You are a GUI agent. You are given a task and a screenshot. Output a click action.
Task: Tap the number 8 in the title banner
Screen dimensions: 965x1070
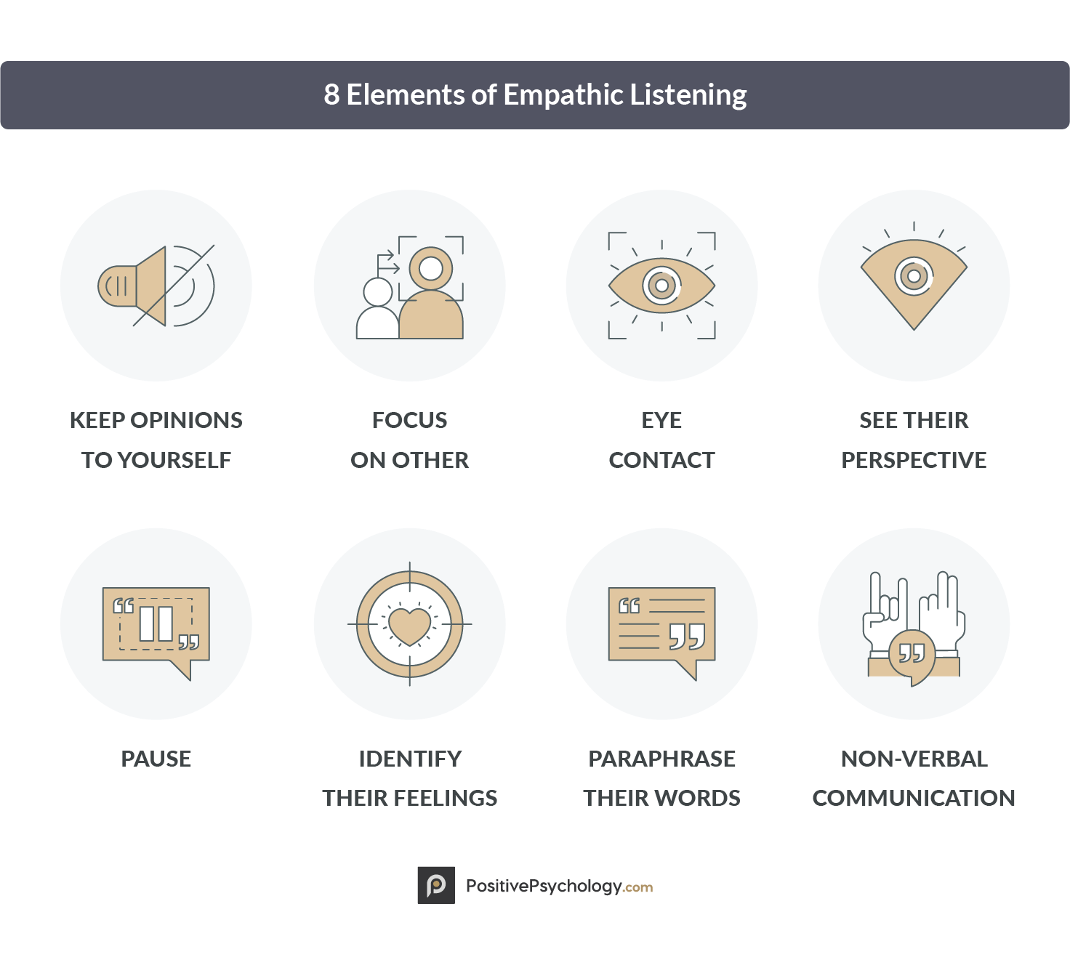click(331, 95)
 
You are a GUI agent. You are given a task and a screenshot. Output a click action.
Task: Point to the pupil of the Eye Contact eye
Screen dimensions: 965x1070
click(661, 286)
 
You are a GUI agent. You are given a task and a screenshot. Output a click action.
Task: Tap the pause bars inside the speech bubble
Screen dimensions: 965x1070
click(156, 623)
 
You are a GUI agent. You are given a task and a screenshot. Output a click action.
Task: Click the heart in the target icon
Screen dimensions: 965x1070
click(409, 626)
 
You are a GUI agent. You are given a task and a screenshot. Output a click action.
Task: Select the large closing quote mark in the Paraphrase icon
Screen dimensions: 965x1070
click(687, 636)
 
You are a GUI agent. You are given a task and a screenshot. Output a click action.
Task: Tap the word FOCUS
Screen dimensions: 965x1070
click(409, 420)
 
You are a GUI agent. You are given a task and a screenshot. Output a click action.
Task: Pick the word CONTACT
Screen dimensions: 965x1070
click(661, 460)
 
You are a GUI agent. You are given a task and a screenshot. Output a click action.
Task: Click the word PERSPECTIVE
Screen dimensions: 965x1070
click(914, 460)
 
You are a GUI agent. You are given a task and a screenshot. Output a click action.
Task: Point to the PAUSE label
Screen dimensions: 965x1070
click(156, 759)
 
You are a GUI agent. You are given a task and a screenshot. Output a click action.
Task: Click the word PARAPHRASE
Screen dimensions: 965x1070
click(661, 759)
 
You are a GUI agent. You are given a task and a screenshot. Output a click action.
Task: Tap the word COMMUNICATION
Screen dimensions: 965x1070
click(914, 798)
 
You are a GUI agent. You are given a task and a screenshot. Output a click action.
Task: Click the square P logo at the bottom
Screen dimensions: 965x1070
click(436, 885)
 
